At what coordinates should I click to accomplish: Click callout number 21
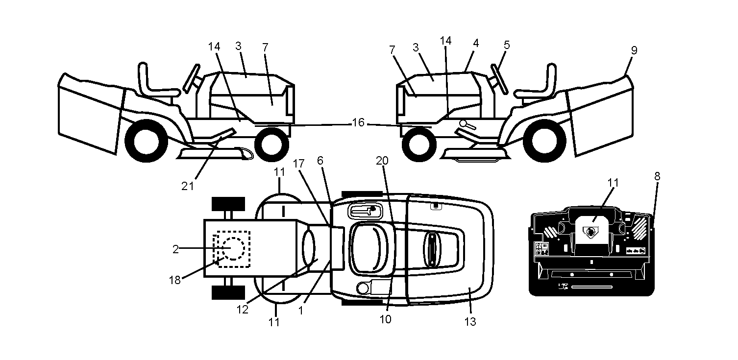pos(188,187)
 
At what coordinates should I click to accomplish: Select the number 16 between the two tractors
pos(358,123)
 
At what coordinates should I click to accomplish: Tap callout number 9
pos(634,50)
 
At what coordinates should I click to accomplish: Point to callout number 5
pos(476,43)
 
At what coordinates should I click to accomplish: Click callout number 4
pos(507,45)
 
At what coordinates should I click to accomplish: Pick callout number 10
pos(385,319)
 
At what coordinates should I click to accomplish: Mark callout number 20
pos(382,161)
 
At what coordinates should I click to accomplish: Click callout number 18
pos(174,280)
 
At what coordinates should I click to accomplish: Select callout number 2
pos(175,249)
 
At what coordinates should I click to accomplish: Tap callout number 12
pos(242,310)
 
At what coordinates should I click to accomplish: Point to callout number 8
pos(657,176)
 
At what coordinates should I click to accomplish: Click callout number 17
pos(298,164)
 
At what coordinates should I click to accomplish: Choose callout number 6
pos(320,161)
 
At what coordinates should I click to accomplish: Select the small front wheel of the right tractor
pos(419,144)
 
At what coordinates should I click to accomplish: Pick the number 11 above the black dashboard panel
pos(613,183)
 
